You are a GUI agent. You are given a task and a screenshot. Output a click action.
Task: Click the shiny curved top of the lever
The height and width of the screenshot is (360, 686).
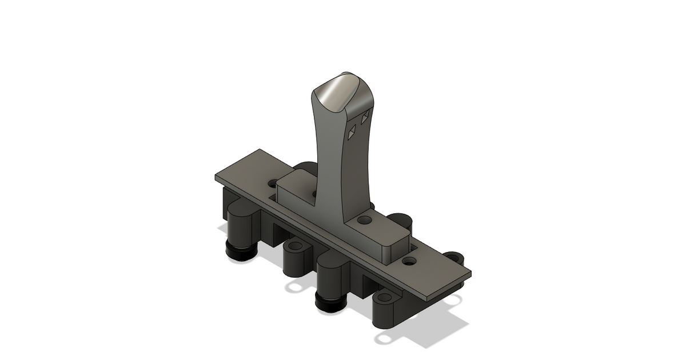pyautogui.click(x=337, y=91)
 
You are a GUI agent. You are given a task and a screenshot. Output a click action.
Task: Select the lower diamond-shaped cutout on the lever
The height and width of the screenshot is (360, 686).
pyautogui.click(x=352, y=133)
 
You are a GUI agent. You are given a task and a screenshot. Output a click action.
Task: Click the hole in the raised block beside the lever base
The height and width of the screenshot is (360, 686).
pyautogui.click(x=363, y=219)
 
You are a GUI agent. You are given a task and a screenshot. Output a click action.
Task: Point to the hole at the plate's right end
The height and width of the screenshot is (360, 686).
pyautogui.click(x=408, y=261)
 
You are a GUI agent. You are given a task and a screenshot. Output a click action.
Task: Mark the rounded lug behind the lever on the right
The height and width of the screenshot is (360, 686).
pyautogui.click(x=400, y=220)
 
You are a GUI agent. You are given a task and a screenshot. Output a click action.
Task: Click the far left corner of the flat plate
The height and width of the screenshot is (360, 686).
pyautogui.click(x=216, y=177)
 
